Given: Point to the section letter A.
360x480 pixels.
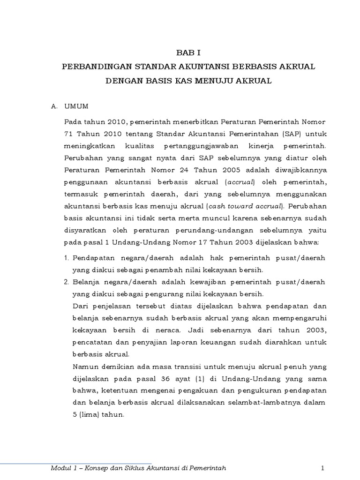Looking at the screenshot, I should pyautogui.click(x=54, y=106).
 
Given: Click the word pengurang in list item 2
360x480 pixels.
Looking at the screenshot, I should pyautogui.click(x=161, y=294).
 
